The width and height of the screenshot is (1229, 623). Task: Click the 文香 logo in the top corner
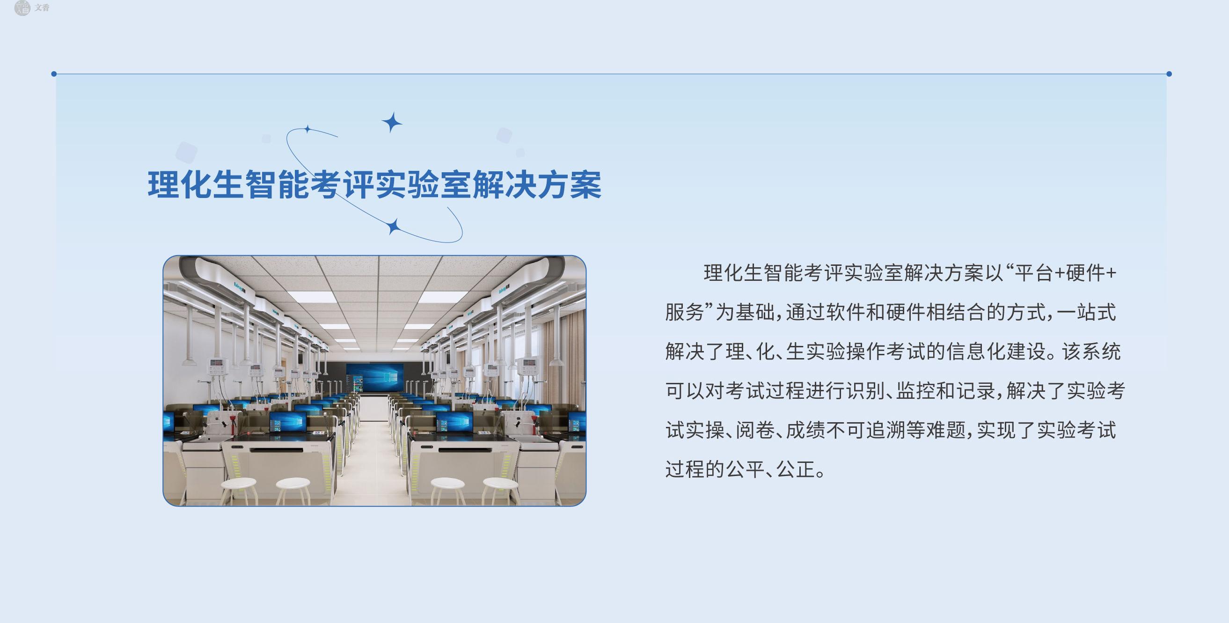[x=32, y=8]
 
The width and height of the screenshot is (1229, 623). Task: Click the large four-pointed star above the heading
[x=392, y=123]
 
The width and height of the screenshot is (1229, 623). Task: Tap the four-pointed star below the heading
[x=394, y=227]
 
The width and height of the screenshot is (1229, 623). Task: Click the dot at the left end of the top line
[x=54, y=74]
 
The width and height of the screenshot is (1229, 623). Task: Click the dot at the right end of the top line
[x=1169, y=74]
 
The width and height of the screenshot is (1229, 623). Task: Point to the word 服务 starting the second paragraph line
[x=685, y=313]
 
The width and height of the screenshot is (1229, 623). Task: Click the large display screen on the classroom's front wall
[x=375, y=378]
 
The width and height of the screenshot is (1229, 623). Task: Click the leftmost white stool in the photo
[x=239, y=490]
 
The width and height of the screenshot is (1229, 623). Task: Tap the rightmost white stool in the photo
[x=500, y=490]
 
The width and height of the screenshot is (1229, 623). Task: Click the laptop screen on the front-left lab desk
[x=288, y=422]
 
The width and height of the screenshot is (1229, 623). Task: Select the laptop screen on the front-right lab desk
[x=454, y=422]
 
